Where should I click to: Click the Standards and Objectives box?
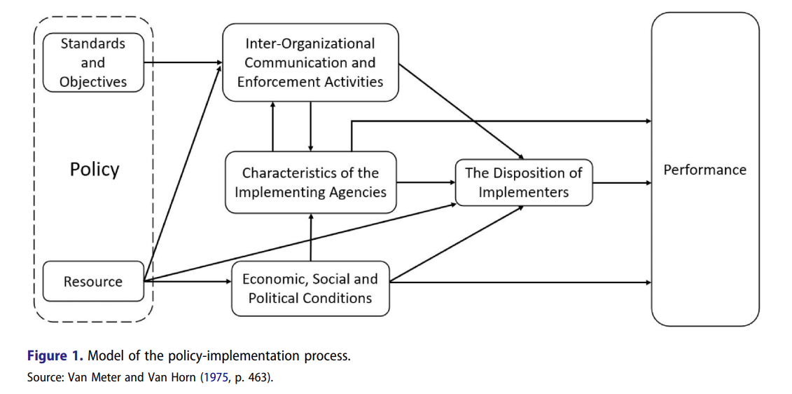click(x=93, y=62)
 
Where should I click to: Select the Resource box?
click(x=93, y=282)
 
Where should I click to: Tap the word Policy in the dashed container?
click(x=95, y=170)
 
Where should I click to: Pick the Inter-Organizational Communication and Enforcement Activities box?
click(x=310, y=62)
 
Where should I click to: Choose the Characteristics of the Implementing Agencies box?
click(x=310, y=182)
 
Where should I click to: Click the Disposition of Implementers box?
click(x=523, y=182)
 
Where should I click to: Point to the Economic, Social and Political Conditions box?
click(x=310, y=288)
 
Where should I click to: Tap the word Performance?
click(x=704, y=170)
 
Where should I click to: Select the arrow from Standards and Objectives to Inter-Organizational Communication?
click(x=183, y=62)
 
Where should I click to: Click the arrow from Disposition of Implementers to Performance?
click(x=622, y=183)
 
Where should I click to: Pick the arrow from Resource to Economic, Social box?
click(x=188, y=283)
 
